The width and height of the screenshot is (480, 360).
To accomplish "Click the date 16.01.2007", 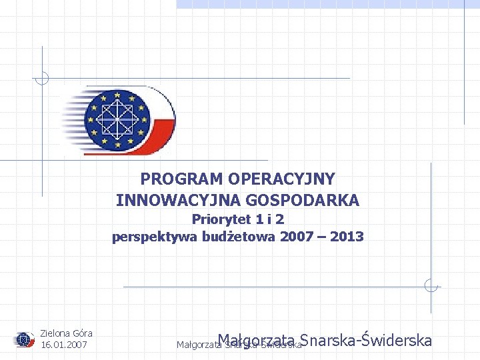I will pos(64,345).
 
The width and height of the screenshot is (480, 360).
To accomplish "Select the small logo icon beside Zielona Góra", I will pos(25,339).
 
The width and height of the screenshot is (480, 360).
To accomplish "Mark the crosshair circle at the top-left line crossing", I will pos(42,78).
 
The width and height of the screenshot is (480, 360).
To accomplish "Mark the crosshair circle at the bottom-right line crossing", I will pos(431,287).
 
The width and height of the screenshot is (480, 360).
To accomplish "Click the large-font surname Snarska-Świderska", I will pos(367,341).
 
